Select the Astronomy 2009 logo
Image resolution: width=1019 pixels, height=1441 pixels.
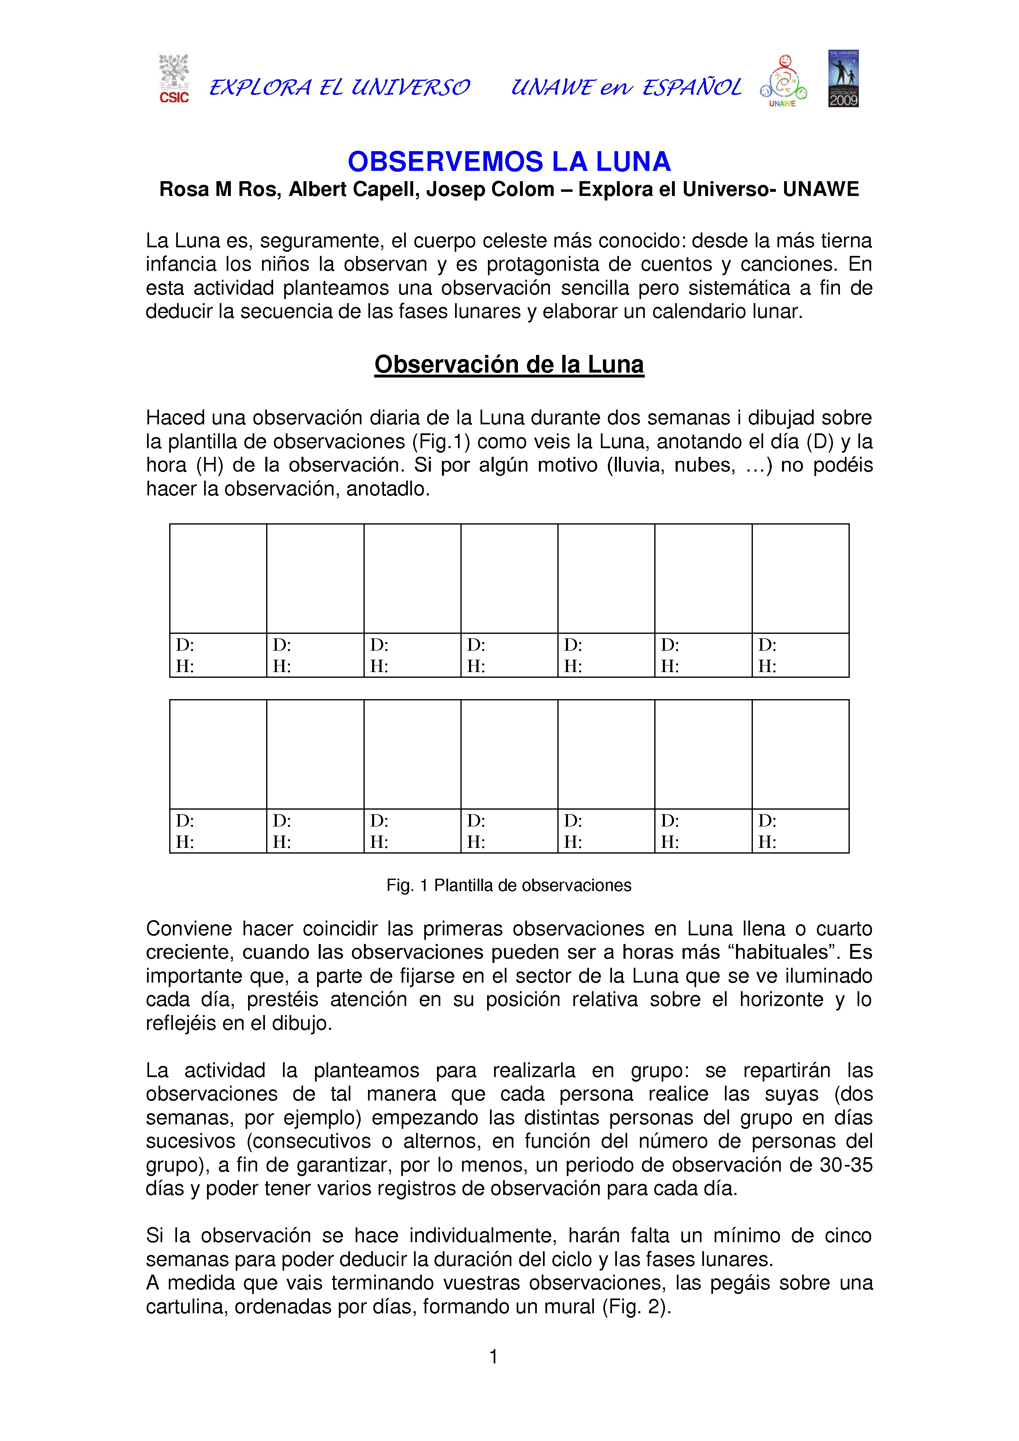pos(843,78)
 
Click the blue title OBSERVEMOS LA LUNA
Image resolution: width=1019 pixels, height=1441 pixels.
pos(509,161)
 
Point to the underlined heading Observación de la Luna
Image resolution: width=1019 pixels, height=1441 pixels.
pos(509,365)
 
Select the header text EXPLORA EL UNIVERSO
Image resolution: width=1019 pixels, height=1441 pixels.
pos(339,87)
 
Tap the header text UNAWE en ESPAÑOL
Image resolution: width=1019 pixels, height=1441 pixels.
pos(626,87)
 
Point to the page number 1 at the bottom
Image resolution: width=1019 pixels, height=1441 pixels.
pos(494,1356)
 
